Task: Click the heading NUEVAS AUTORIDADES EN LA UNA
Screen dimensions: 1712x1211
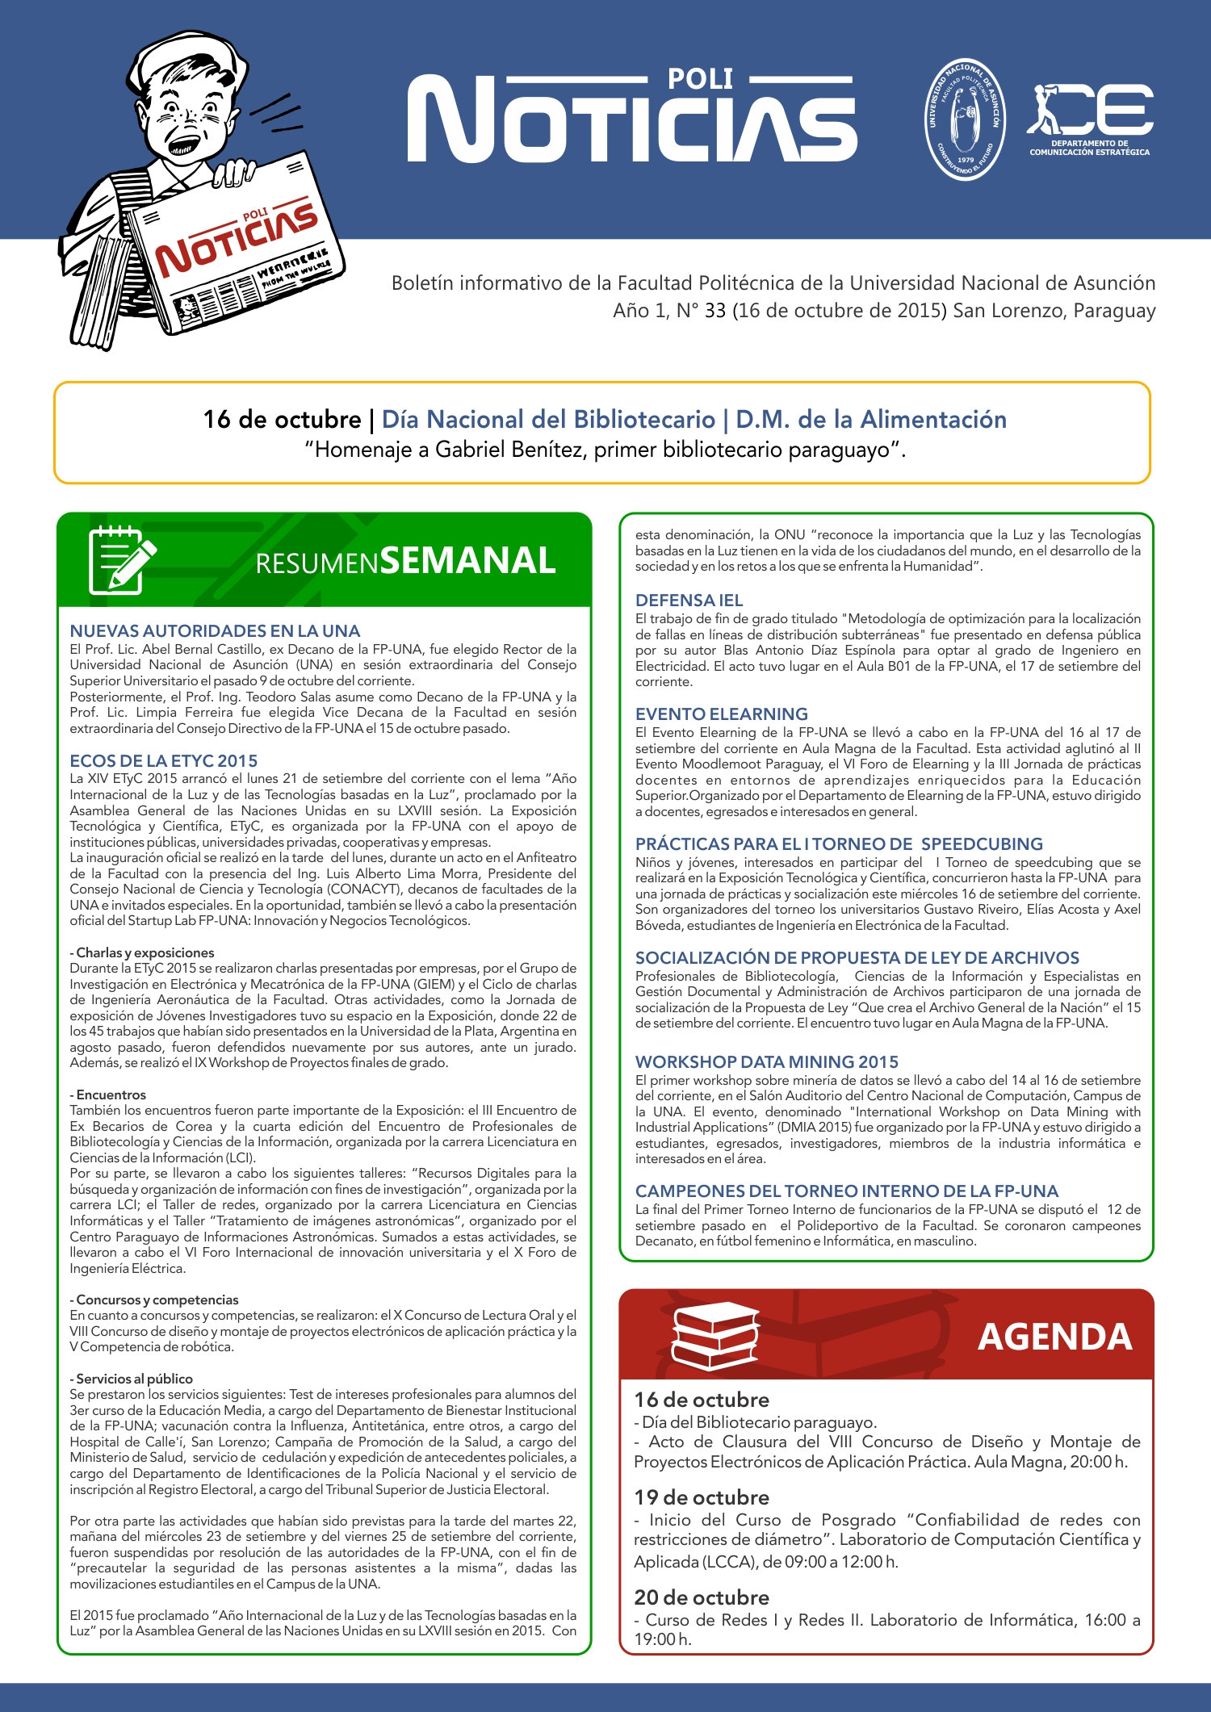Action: [x=215, y=631]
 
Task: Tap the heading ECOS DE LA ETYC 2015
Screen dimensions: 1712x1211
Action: [x=164, y=761]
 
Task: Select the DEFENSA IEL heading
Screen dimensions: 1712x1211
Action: [x=689, y=601]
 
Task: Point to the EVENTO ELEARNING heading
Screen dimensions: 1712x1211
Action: [x=721, y=714]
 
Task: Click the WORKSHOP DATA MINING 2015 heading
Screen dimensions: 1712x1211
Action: [x=766, y=1062]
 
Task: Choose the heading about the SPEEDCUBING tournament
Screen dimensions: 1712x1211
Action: [x=839, y=844]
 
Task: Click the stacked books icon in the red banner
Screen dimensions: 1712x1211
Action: [x=716, y=1335]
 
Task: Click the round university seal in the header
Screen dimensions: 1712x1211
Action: [x=965, y=119]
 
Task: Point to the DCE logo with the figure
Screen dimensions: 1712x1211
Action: [x=1090, y=117]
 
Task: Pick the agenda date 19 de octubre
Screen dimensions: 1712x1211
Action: [x=702, y=1498]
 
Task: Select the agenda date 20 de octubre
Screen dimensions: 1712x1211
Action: [x=702, y=1598]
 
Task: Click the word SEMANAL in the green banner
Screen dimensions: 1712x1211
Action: [x=467, y=561]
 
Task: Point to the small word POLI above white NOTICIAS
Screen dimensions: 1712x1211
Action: [x=700, y=79]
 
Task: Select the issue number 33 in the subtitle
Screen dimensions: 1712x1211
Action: [x=715, y=311]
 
